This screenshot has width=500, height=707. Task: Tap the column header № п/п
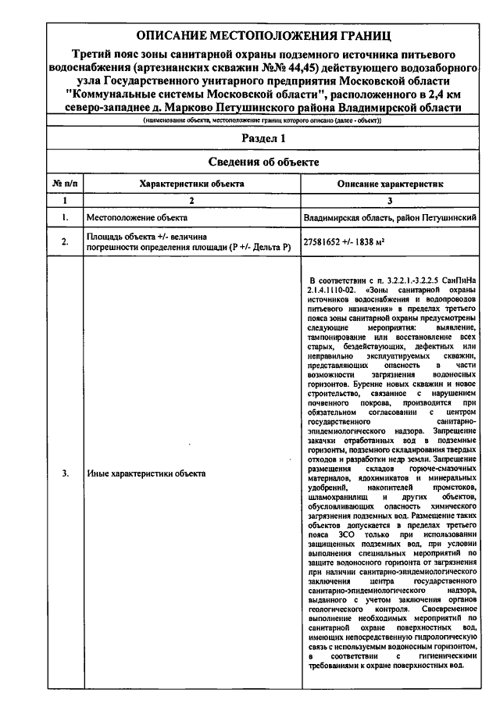(x=65, y=183)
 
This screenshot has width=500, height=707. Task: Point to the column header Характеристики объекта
(x=191, y=183)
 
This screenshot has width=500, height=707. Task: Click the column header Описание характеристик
(x=390, y=183)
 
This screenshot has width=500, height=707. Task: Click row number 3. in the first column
(x=65, y=473)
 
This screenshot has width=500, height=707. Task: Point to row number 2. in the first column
(x=65, y=241)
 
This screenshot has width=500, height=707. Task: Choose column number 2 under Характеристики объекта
(x=191, y=200)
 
